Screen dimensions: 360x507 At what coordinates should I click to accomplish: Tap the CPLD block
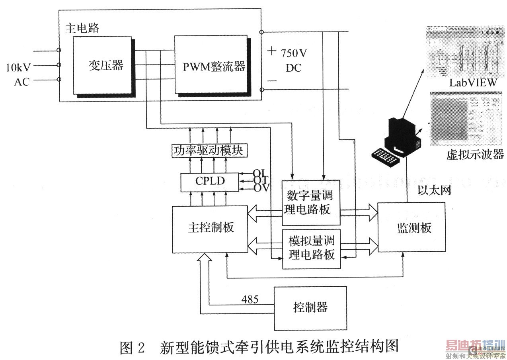click(210, 181)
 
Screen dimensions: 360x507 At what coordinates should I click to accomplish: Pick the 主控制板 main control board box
click(210, 229)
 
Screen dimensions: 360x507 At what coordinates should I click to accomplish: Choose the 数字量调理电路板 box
click(311, 203)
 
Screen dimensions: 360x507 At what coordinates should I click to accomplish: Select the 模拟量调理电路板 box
click(311, 248)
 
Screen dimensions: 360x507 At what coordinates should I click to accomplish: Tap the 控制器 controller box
click(310, 308)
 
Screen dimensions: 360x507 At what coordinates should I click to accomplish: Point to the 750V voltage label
click(294, 53)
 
